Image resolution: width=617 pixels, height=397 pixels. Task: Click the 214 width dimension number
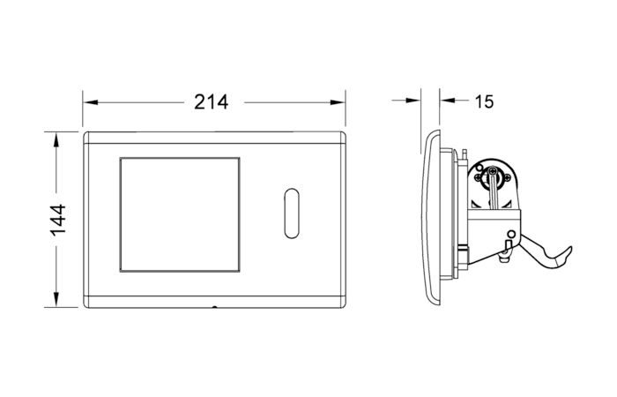[212, 102]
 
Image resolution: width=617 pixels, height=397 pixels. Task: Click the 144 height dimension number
[58, 220]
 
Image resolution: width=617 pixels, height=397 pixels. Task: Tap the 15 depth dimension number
[484, 101]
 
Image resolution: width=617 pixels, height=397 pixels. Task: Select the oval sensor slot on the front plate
[292, 213]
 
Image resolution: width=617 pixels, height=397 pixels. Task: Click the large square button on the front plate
[180, 214]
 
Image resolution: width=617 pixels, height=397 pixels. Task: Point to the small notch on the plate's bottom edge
[214, 307]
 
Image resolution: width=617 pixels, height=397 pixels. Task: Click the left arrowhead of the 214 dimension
[91, 102]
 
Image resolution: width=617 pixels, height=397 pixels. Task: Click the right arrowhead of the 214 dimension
[338, 102]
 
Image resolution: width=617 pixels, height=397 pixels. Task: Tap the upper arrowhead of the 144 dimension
[56, 139]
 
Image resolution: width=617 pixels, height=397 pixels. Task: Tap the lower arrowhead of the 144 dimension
[56, 299]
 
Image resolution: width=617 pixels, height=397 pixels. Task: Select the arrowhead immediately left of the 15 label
[448, 101]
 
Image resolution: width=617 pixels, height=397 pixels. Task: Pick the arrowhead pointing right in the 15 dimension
[413, 101]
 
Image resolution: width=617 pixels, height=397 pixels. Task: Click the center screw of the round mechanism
[493, 171]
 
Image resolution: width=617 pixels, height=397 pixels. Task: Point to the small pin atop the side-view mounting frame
[465, 154]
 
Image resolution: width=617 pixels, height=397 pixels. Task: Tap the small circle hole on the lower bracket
[511, 235]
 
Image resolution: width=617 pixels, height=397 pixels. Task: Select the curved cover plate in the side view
[431, 218]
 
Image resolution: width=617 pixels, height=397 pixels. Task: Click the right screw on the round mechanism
[507, 177]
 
